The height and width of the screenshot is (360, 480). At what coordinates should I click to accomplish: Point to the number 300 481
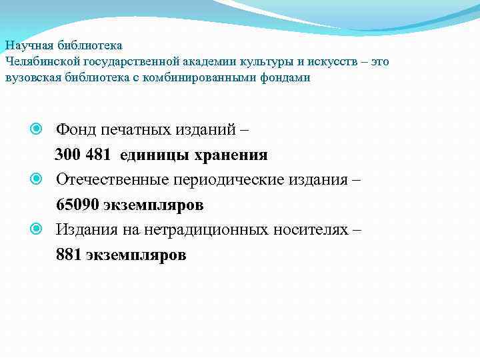tap(84, 155)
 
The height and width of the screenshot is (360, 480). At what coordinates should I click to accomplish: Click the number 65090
tap(77, 204)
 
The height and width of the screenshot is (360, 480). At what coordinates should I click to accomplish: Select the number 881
tap(69, 255)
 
